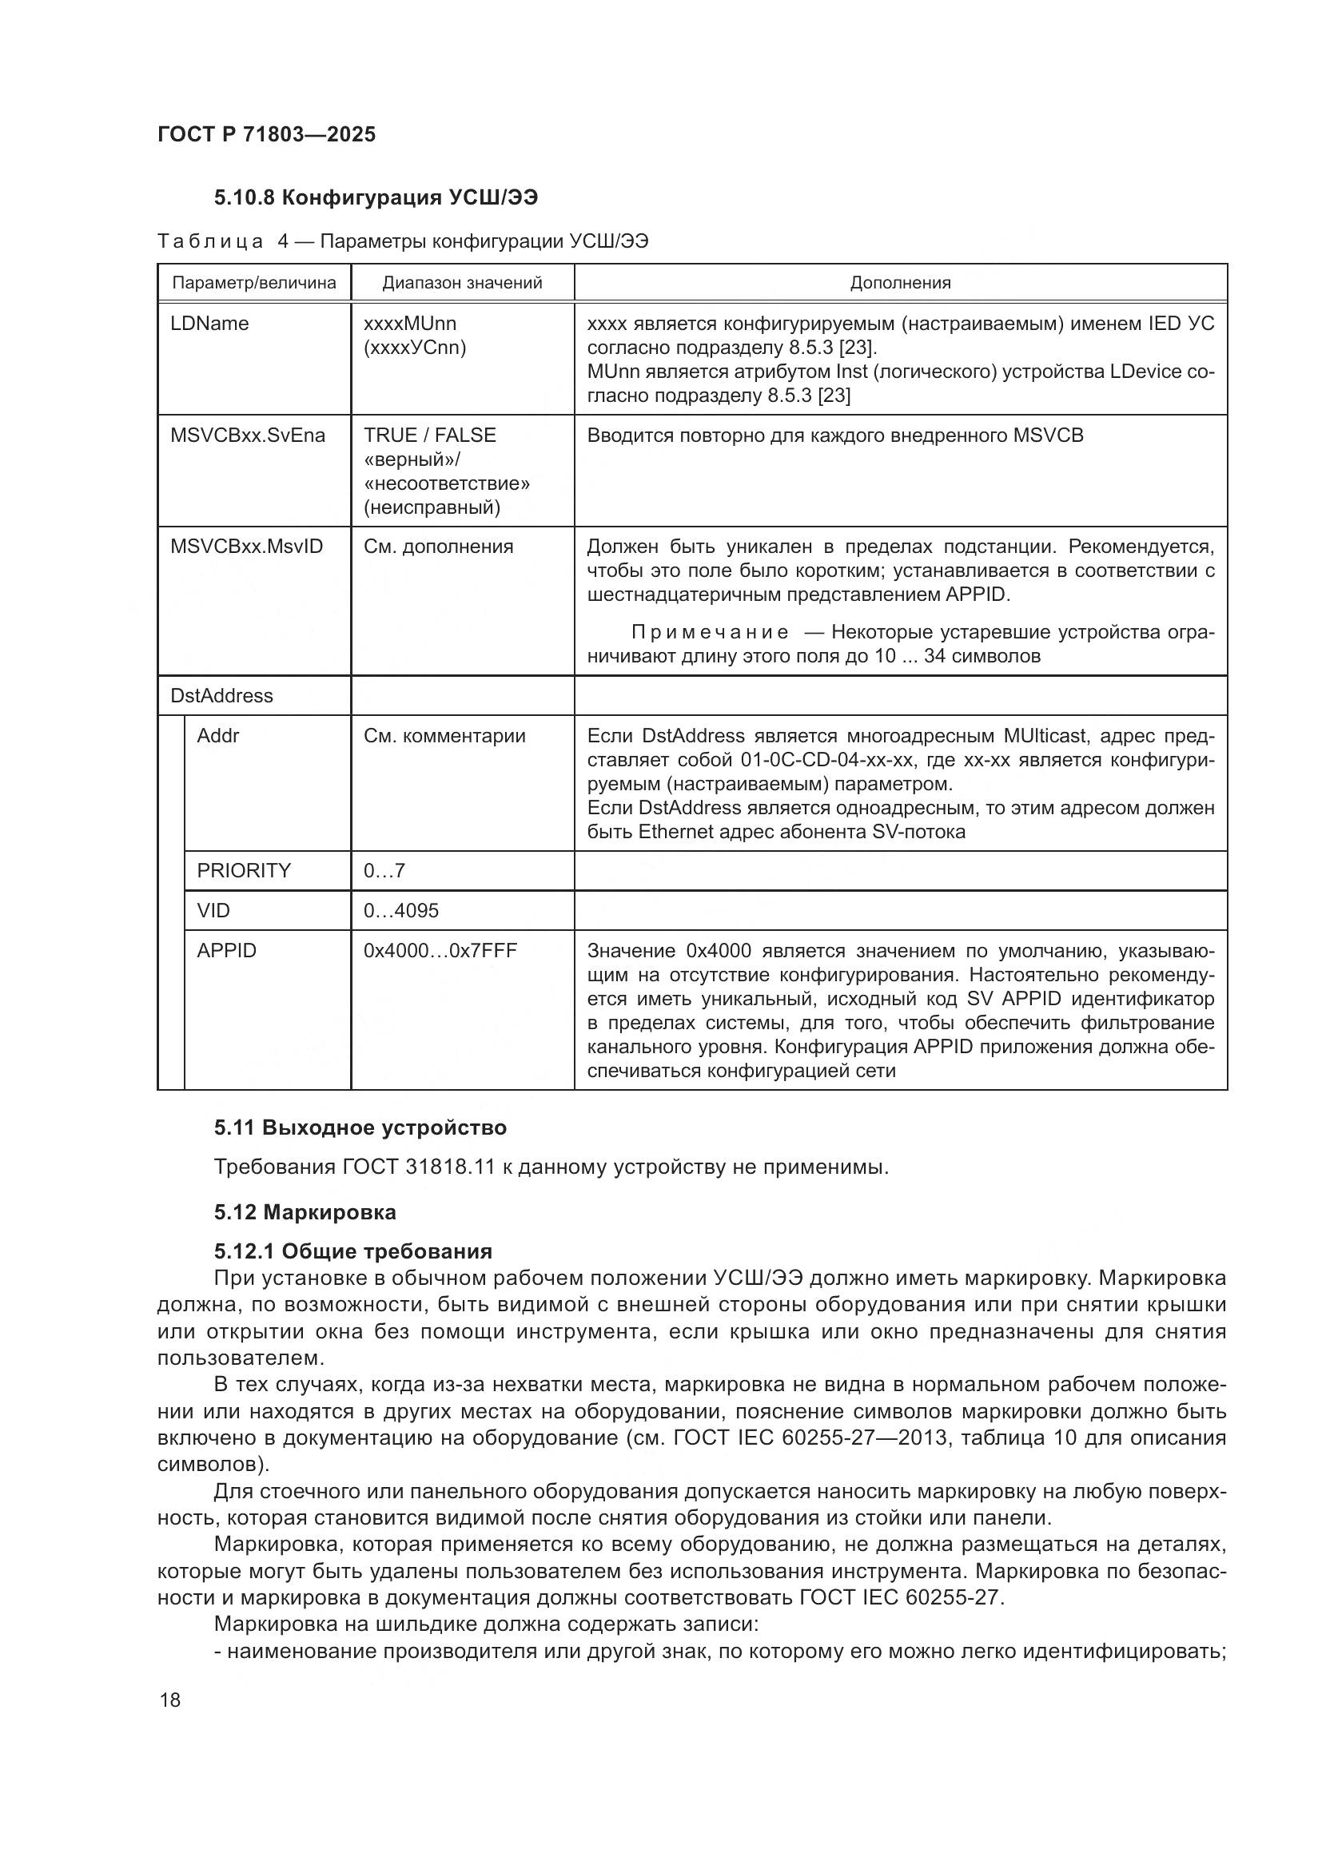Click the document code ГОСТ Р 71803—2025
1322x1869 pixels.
tap(266, 134)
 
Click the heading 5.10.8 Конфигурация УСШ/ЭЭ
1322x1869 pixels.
tap(376, 197)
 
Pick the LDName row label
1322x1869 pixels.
tap(209, 323)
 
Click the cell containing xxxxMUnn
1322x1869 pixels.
tap(409, 323)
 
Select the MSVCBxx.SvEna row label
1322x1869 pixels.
tap(248, 435)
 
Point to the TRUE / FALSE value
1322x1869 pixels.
tap(429, 435)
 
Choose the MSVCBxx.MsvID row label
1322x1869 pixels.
tap(246, 547)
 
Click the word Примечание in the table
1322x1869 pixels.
tap(709, 633)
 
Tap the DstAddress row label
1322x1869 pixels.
tap(221, 695)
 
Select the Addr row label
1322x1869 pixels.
tap(218, 735)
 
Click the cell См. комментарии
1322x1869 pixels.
tap(444, 735)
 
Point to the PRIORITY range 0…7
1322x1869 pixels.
tap(384, 870)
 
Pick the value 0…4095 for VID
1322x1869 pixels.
tap(400, 910)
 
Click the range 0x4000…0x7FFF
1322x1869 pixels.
tap(440, 950)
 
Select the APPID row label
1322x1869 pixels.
tap(226, 950)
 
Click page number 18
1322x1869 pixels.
tap(170, 1700)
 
